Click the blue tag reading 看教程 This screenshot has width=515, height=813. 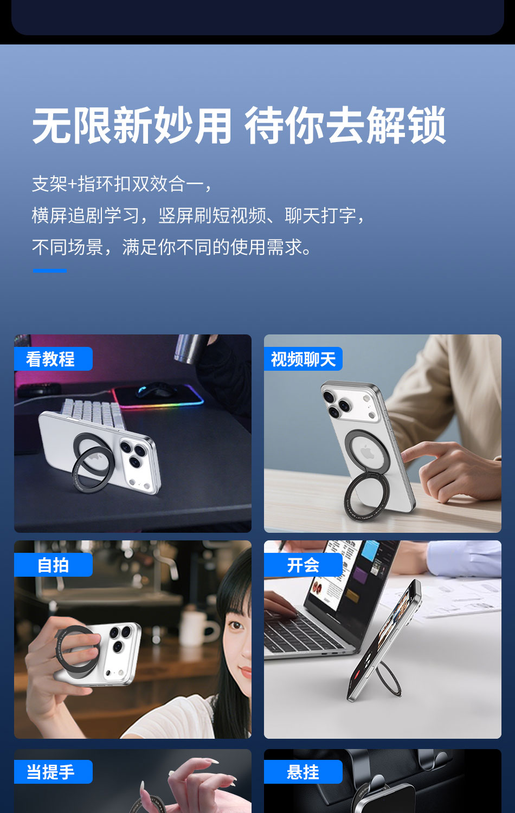53,359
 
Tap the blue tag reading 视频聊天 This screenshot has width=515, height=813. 303,359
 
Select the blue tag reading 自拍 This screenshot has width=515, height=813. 53,565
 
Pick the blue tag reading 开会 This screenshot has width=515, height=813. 303,565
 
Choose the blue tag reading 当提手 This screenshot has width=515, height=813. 53,772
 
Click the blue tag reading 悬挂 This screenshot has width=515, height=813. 303,772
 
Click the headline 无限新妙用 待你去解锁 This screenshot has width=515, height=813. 239,125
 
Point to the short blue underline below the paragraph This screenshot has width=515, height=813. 50,271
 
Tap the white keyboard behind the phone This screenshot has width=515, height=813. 93,412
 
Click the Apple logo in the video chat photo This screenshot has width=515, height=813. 367,453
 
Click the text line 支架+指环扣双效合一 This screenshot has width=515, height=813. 121,184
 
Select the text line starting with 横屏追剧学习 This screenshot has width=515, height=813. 198,216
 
